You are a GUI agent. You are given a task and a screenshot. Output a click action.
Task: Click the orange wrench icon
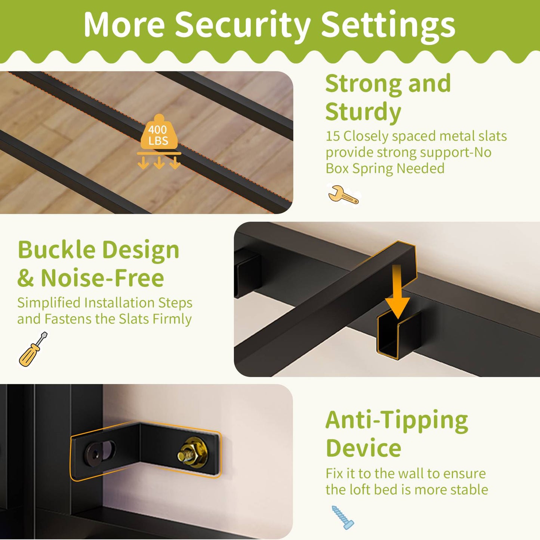point(343,194)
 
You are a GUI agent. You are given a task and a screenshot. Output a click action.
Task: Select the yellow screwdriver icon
point(33,349)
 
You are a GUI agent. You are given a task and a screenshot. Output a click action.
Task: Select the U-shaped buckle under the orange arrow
point(398,335)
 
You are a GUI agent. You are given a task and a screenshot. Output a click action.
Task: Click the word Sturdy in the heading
point(363,112)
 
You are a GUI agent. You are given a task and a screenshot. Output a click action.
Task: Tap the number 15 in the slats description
point(333,136)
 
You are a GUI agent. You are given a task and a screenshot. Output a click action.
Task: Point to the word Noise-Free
point(102,278)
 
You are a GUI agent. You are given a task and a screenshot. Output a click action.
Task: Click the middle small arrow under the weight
point(159,163)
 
